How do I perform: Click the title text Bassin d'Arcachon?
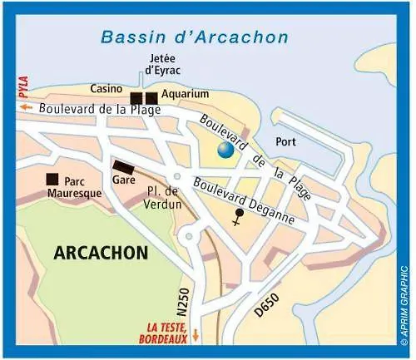click(194, 37)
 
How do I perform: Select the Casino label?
click(108, 88)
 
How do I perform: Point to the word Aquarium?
click(185, 94)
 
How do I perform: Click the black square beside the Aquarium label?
click(151, 98)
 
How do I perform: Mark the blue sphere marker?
click(225, 150)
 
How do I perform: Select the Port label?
click(285, 142)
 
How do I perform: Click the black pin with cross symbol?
click(239, 218)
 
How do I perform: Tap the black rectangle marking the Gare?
click(123, 165)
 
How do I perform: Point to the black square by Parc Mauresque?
click(52, 179)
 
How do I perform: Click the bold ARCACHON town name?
click(101, 252)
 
